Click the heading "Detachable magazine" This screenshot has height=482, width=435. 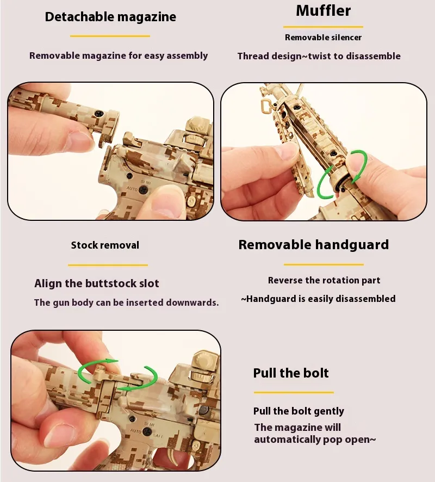tap(110, 17)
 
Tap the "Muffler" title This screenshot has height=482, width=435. tap(323, 11)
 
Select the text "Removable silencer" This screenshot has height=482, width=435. tap(323, 38)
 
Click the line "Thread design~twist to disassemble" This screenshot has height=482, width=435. tap(319, 56)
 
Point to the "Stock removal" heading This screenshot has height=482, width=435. tap(105, 245)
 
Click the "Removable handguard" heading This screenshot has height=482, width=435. tap(314, 245)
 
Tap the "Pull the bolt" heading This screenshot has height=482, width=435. tap(291, 373)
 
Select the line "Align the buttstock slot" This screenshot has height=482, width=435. tap(97, 283)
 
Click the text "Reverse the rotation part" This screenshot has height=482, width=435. tap(324, 280)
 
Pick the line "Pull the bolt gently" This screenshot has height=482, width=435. tap(299, 411)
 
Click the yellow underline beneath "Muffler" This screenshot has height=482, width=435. tap(323, 27)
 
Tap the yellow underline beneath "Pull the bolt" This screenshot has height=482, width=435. tap(294, 393)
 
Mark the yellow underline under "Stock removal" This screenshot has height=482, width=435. tap(108, 265)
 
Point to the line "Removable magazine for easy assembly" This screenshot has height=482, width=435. tap(119, 55)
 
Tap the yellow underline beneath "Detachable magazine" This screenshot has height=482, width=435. tap(110, 36)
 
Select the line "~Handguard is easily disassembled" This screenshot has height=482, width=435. tap(318, 299)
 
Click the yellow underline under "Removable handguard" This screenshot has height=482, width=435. tap(324, 264)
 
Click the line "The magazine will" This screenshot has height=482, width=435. tap(297, 427)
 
